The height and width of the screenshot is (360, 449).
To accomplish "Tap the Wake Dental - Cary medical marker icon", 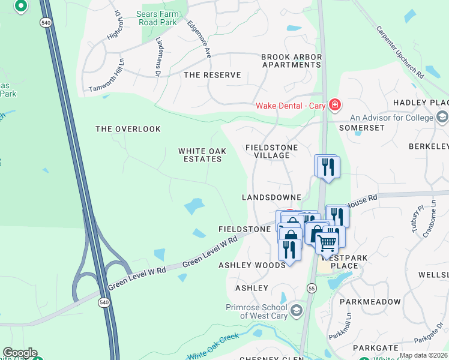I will [x=334, y=106].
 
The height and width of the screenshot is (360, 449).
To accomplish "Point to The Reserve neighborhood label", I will [x=212, y=75].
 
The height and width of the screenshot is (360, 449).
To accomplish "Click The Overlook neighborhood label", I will [x=128, y=129].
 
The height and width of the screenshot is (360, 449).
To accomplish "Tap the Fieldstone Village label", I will [x=268, y=151].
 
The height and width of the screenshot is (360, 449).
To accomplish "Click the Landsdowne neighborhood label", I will [x=271, y=197].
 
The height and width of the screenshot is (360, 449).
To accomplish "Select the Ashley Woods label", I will [x=252, y=265].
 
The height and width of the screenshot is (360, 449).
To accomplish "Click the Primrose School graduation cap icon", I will [x=297, y=311].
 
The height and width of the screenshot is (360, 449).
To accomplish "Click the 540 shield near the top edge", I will [x=46, y=22].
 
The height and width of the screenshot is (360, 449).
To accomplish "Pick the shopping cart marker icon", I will [x=327, y=242].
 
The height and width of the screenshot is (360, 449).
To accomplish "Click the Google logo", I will [x=19, y=353].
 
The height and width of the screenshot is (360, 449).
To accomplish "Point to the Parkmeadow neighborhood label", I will [x=370, y=302].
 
